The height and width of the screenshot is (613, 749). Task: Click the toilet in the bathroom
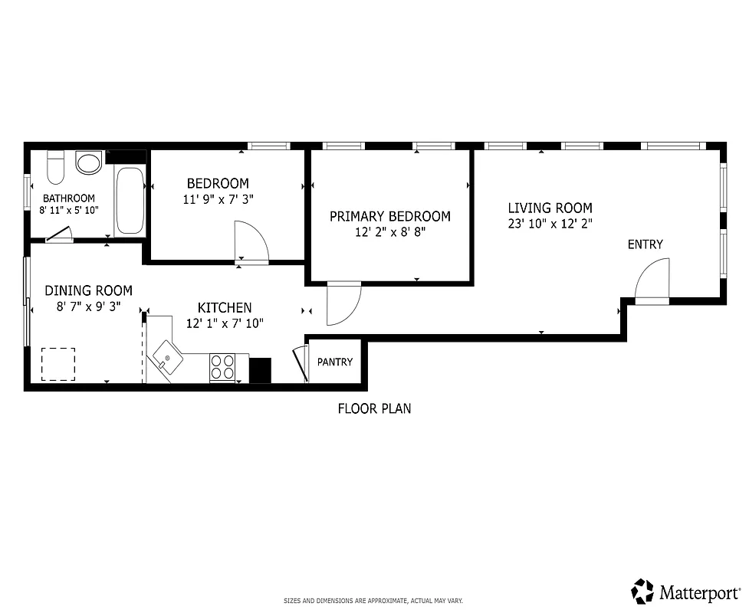click(x=55, y=167)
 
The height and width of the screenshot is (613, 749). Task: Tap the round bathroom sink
click(x=89, y=162)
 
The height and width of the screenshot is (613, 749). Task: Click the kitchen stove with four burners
click(x=222, y=367)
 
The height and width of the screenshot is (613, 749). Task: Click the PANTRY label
click(x=335, y=362)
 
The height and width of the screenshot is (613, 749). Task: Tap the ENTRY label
click(x=645, y=244)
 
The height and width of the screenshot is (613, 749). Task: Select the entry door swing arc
click(x=654, y=279)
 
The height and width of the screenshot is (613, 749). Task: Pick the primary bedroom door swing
click(x=343, y=303)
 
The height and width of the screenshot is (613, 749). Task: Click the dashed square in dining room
click(x=57, y=364)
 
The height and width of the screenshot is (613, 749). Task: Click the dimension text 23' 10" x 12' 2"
click(x=550, y=224)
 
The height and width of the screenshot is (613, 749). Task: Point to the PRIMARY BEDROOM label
click(x=389, y=217)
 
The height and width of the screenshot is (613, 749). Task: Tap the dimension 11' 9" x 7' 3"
click(x=218, y=199)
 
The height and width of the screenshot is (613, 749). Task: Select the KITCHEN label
click(x=225, y=308)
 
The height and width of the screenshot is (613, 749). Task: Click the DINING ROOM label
click(x=88, y=290)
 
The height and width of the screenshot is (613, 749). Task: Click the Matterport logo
click(x=685, y=591)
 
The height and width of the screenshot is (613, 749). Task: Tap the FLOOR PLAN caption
click(x=374, y=408)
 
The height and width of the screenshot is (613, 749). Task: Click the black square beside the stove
click(x=261, y=370)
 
